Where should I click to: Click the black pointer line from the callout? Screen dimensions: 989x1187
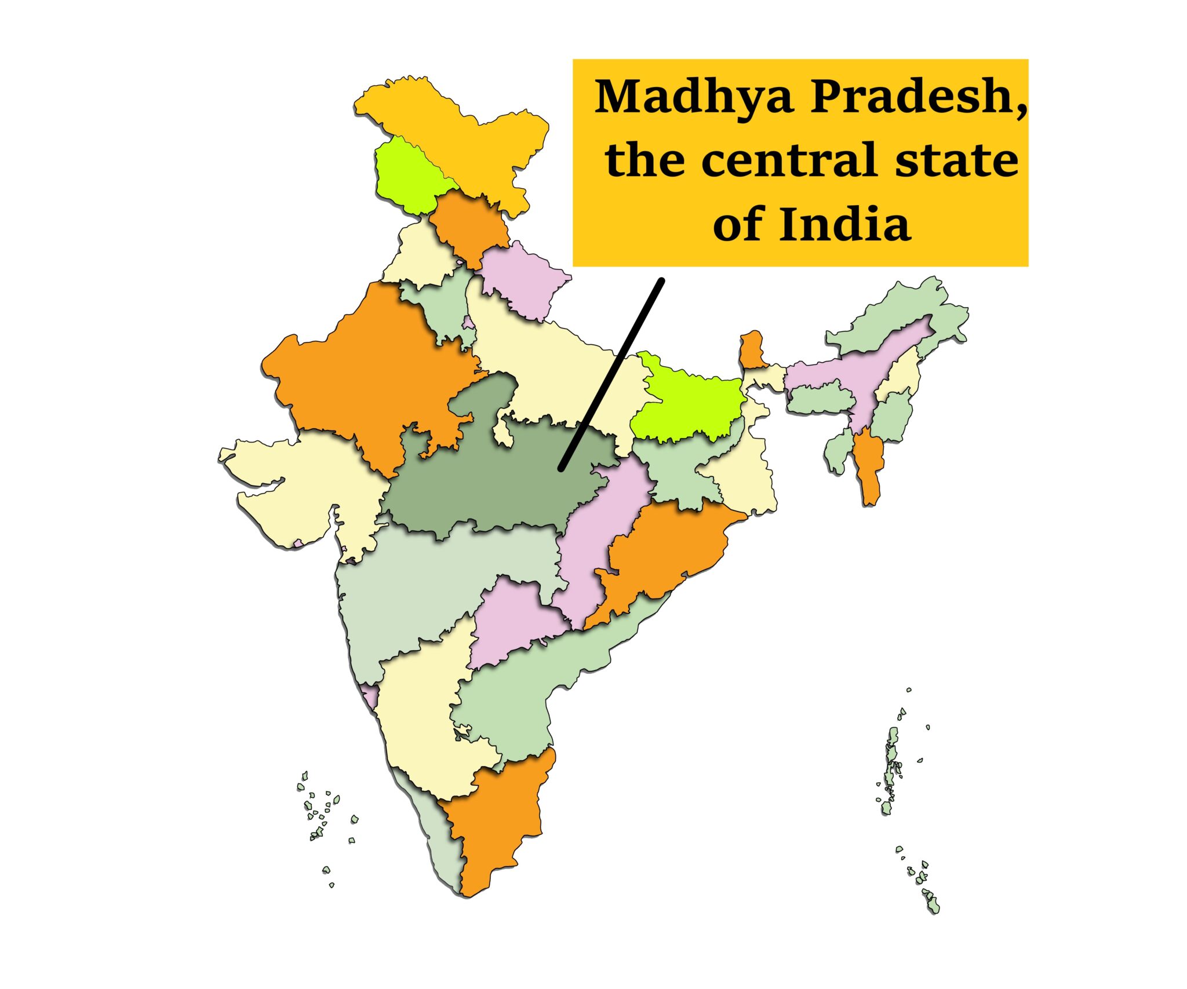(611, 374)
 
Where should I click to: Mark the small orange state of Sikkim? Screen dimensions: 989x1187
(752, 351)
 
